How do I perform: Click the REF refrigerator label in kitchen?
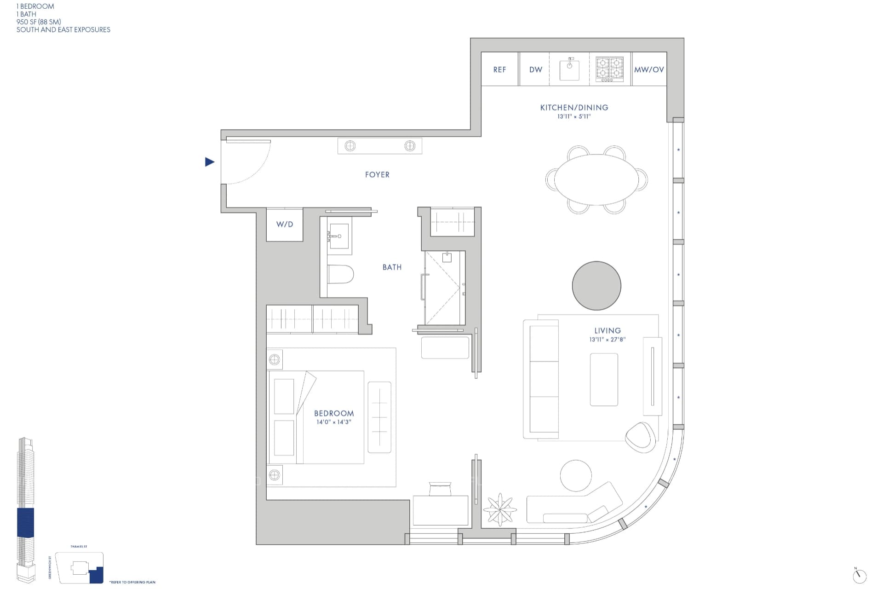coord(499,69)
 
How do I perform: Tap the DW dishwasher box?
coord(535,69)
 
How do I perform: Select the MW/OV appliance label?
coord(649,69)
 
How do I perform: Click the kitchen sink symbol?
coord(569,69)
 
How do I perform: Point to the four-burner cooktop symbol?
coord(610,69)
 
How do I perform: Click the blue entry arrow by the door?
coord(210,162)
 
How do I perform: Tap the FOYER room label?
coord(377,175)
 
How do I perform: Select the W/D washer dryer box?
coord(285,225)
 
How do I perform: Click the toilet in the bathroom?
coord(340,275)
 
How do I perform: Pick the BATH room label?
coord(392,267)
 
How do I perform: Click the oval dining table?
coord(596,179)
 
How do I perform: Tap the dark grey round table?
coord(596,286)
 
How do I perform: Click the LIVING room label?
coord(608,330)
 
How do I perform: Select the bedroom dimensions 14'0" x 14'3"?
coord(334,422)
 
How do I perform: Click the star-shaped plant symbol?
coord(500,509)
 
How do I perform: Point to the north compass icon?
coord(859,576)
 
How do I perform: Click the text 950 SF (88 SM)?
coord(39,22)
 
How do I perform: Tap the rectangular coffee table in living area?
coord(604,380)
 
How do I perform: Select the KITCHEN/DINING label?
coord(574,108)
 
